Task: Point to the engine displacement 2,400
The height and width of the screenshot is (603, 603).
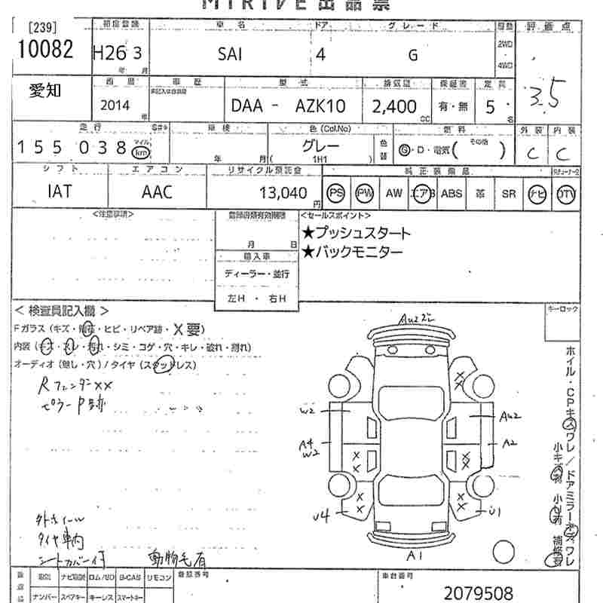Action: pyautogui.click(x=394, y=106)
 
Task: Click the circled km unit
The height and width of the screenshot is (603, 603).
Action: pyautogui.click(x=140, y=149)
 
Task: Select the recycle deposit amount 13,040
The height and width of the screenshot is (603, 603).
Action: pyautogui.click(x=283, y=193)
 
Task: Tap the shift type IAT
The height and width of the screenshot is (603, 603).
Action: pyautogui.click(x=60, y=191)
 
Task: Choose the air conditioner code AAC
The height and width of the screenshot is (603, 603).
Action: pyautogui.click(x=157, y=192)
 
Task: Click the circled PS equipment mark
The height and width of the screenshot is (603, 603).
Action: pyautogui.click(x=336, y=193)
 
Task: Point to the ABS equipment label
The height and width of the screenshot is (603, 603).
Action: pyautogui.click(x=451, y=193)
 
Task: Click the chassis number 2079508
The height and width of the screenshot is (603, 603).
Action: pyautogui.click(x=479, y=592)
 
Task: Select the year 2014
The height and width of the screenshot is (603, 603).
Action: pyautogui.click(x=115, y=106)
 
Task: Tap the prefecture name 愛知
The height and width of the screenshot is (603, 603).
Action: pyautogui.click(x=46, y=91)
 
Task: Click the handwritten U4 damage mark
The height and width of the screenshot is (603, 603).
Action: pyautogui.click(x=321, y=516)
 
